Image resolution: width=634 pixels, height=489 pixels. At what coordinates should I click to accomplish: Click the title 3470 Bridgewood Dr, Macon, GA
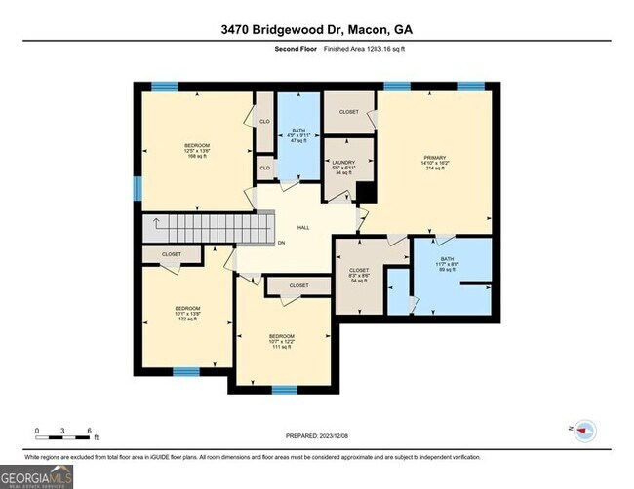tap(317, 30)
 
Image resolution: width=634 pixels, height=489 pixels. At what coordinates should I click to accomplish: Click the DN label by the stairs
tap(281, 243)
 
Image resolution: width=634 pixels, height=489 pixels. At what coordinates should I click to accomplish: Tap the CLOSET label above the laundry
tap(348, 112)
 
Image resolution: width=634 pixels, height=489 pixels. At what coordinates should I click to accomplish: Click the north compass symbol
tap(585, 429)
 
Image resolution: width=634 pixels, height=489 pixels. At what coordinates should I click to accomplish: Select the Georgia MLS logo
tap(37, 475)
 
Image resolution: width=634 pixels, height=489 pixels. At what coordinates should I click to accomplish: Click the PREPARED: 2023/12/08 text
tap(317, 437)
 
